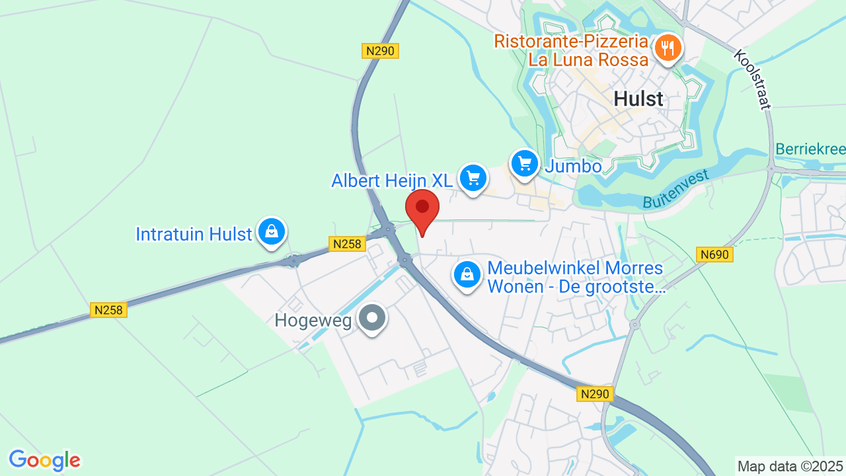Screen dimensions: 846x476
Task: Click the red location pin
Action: [x=422, y=210]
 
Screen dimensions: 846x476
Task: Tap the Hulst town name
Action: [x=638, y=99]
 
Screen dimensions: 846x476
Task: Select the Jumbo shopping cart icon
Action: [x=525, y=163]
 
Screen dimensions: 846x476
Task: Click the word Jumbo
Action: [x=574, y=166]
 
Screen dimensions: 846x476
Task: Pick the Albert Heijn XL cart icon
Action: [x=473, y=178]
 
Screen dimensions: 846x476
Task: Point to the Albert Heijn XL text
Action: [x=392, y=180]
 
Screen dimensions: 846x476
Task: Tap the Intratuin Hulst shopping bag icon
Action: [x=271, y=231]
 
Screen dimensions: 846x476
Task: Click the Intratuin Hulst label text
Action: [x=194, y=234]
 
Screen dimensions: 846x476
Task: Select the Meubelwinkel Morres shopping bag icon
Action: [x=467, y=274]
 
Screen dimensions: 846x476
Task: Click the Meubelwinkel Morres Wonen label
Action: [x=575, y=278]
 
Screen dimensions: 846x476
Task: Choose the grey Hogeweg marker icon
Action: [x=372, y=318]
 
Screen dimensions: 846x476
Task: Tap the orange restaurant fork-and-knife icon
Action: [x=668, y=48]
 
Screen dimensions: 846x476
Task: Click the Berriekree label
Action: [x=810, y=149]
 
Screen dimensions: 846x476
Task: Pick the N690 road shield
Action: [x=714, y=255]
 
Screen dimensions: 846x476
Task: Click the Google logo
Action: [x=44, y=460]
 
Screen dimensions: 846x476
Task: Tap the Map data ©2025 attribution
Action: [x=790, y=466]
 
